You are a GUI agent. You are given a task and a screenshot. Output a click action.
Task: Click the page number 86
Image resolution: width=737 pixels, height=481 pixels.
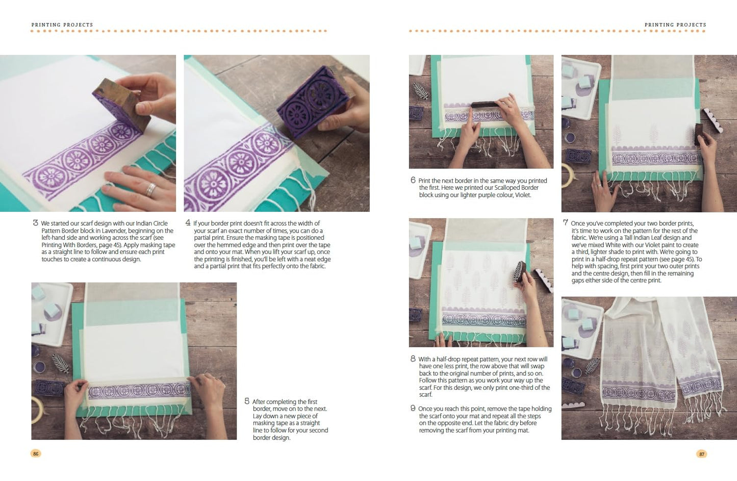point(36,453)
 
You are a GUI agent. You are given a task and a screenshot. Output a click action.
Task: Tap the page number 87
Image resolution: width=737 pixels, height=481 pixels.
point(702,454)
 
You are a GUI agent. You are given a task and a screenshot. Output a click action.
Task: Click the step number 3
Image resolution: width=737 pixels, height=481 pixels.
point(35,223)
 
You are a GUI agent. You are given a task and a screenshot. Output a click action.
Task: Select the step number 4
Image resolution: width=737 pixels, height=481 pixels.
point(188,223)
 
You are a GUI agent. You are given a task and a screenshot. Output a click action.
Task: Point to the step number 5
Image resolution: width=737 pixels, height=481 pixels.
point(247,401)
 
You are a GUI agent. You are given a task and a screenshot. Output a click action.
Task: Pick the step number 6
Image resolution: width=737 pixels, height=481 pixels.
point(413,180)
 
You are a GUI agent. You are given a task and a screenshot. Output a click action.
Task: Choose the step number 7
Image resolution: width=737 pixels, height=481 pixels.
point(565,223)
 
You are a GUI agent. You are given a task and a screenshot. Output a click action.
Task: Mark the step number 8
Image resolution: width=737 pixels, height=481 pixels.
point(413,359)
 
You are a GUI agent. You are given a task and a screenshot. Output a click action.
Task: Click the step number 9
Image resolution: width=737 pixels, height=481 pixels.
point(413,409)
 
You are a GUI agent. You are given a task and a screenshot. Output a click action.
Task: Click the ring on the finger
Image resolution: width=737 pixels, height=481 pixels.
point(150,190)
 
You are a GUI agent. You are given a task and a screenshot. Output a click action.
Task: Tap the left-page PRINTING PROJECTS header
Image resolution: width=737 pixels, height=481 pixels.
point(62,24)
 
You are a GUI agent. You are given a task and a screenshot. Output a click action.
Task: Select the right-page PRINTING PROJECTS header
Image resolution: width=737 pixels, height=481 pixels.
point(675,24)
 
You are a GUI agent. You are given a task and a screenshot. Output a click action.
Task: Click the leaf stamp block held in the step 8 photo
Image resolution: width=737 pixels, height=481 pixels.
point(520,271)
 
